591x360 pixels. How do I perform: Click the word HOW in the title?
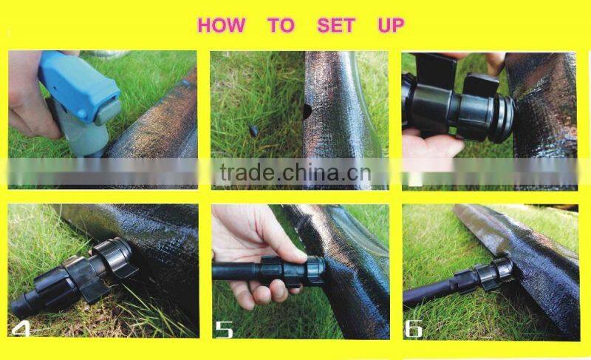221,25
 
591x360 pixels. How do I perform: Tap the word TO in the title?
281,25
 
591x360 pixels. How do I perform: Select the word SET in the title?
336,25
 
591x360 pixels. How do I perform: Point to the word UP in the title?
391,25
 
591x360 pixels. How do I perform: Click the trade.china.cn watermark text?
295,173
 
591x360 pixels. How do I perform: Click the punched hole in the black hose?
307,112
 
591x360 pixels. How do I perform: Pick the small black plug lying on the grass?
254,131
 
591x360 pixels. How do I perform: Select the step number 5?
224,329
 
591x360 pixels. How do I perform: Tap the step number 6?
414,329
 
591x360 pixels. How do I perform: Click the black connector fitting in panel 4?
73,275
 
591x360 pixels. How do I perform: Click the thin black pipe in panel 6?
430,293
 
